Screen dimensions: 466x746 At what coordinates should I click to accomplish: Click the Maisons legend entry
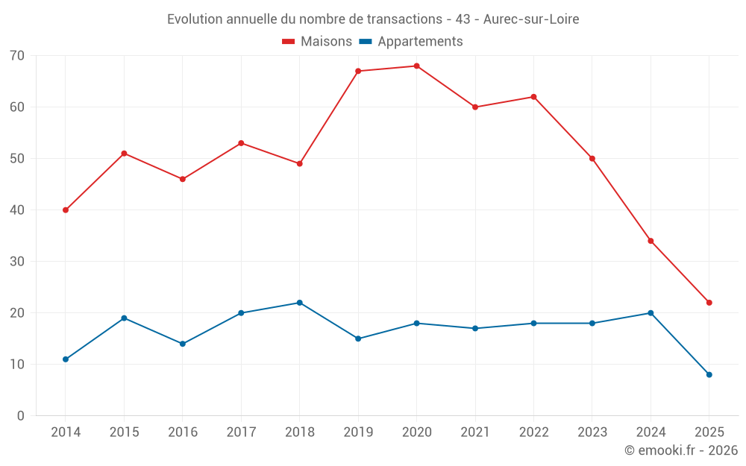[317, 42]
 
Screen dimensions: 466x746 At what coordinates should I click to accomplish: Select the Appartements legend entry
[411, 42]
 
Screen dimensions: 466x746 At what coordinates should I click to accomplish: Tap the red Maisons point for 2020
[416, 66]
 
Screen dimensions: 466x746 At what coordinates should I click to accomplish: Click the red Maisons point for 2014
[66, 210]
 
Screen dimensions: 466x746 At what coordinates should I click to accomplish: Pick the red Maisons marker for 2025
[709, 303]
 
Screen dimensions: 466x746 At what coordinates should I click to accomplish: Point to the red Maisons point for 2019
[358, 72]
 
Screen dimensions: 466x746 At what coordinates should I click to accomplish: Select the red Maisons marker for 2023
[592, 159]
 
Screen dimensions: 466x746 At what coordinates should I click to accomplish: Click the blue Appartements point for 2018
[299, 303]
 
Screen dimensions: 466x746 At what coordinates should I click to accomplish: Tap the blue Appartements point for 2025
[709, 375]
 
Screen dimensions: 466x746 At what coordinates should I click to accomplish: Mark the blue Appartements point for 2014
[66, 359]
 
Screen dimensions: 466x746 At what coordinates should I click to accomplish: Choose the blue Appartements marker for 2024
[651, 313]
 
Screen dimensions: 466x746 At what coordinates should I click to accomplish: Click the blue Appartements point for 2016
[182, 344]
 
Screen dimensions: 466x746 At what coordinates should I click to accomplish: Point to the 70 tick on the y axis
[17, 56]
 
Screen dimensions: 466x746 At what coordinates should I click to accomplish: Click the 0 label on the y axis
[21, 416]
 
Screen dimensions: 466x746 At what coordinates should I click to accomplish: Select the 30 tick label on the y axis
[17, 262]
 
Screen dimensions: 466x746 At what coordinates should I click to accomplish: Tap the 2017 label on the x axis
[241, 432]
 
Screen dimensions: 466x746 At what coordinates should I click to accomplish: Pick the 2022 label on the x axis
[533, 432]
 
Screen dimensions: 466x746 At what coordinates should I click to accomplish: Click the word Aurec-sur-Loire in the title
[531, 19]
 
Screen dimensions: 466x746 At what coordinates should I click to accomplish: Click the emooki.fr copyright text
[681, 450]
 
